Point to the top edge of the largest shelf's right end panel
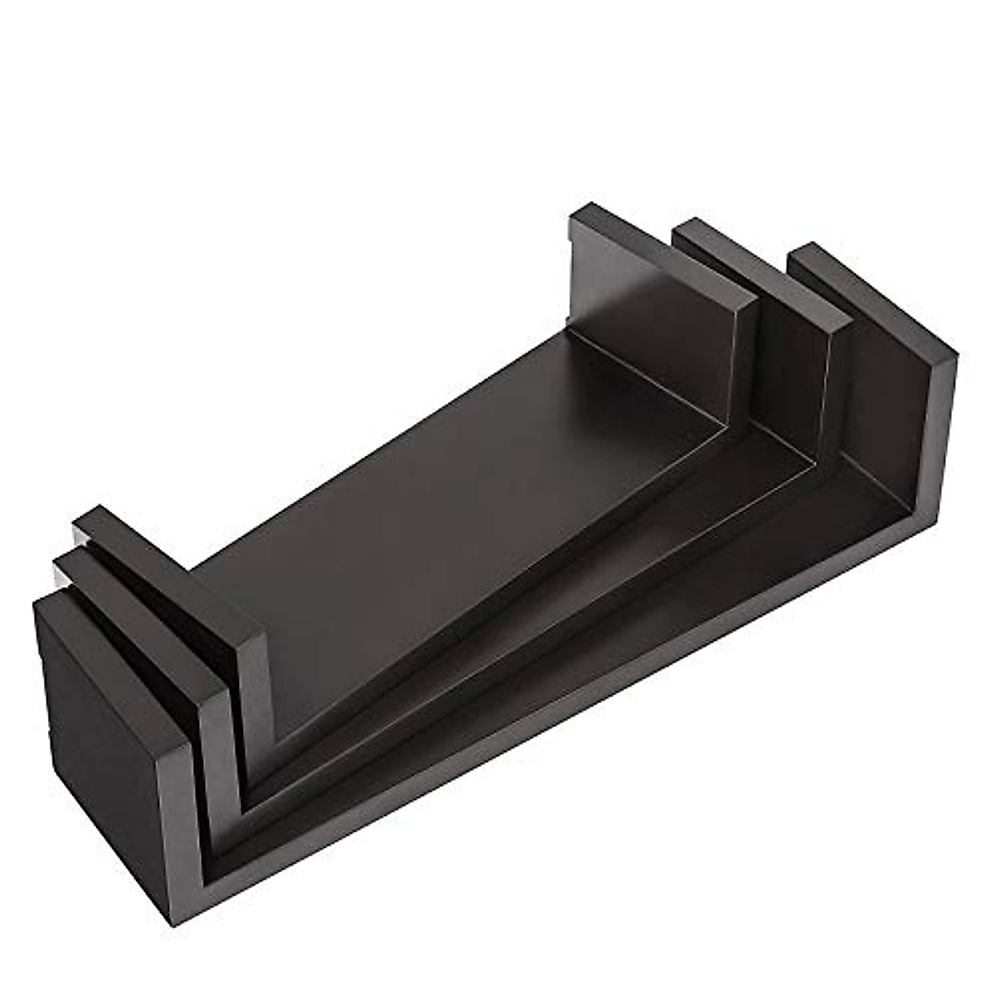click(x=871, y=298)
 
